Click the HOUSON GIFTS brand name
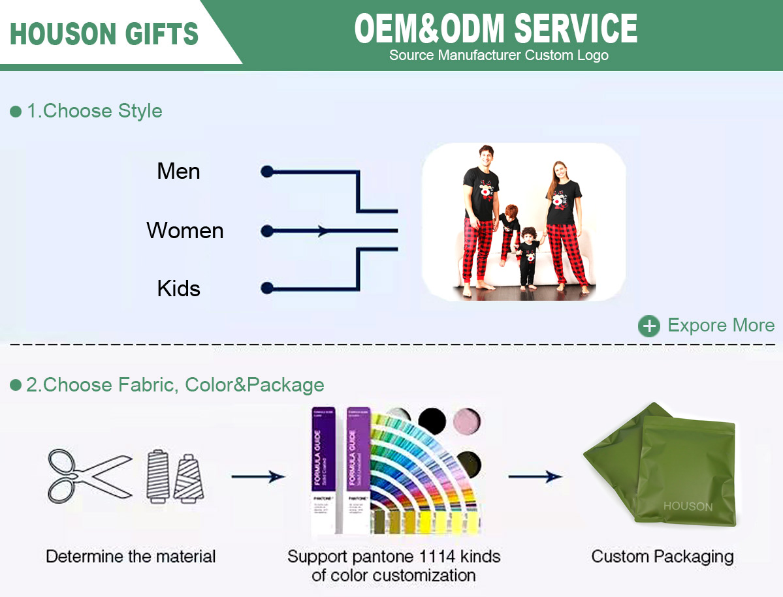coord(104,33)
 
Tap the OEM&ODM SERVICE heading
coord(496,28)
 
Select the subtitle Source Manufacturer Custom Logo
coord(499,55)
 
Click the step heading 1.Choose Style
coord(94,111)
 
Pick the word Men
coord(178,172)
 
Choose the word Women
coord(185,230)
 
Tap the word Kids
coord(178,288)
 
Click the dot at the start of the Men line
coord(266,172)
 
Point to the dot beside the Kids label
coord(266,288)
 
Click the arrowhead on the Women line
coord(322,231)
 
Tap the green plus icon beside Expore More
coord(648,326)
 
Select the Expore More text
coord(721,326)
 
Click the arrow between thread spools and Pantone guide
coord(258,477)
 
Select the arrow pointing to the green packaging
coord(535,477)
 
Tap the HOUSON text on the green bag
coord(688,506)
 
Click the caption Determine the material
coord(131,557)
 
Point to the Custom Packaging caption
coord(662,557)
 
